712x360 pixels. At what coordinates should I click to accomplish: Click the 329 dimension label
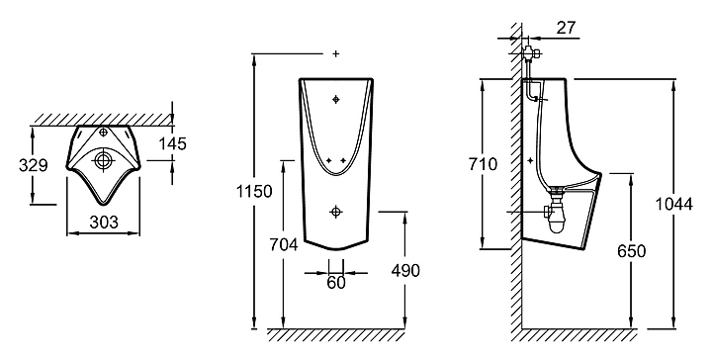click(x=34, y=165)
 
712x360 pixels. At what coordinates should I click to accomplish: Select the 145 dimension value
click(x=172, y=144)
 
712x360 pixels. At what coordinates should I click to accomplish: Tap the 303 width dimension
click(x=104, y=222)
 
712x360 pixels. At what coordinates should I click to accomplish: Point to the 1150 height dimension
click(x=254, y=191)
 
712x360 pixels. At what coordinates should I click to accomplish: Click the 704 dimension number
click(x=284, y=244)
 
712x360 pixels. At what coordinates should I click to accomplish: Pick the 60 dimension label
click(x=336, y=283)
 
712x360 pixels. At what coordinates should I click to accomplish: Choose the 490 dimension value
click(x=405, y=271)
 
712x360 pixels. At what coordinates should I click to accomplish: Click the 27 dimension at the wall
click(x=567, y=28)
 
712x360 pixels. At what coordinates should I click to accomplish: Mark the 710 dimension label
click(x=484, y=164)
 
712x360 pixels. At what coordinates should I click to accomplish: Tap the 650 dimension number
click(x=631, y=251)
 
